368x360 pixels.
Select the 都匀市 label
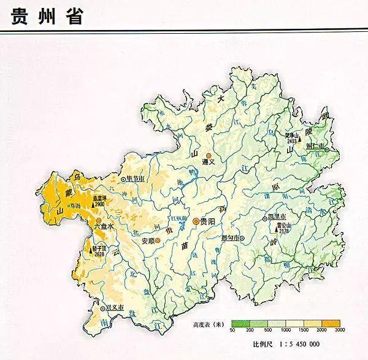point(230,238)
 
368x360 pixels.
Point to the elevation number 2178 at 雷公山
point(283,231)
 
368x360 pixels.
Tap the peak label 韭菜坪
point(100,197)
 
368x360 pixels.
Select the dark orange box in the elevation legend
point(332,323)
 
